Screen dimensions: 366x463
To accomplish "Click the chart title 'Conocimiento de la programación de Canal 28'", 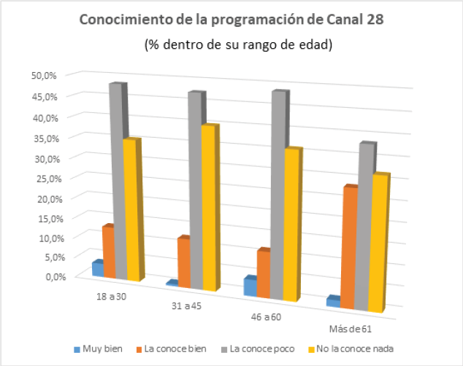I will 231,20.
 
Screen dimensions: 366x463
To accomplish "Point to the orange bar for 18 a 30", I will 108,252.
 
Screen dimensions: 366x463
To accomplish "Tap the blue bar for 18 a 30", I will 96,268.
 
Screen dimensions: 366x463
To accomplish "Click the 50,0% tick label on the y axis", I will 43,75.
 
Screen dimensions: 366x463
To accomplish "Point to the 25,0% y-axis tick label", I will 43,177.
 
